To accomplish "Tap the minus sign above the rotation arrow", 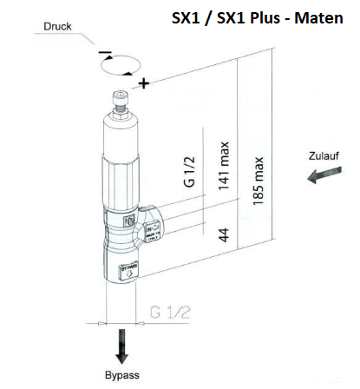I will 105,54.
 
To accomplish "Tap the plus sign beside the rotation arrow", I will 143,83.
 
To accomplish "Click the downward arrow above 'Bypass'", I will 121,347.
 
